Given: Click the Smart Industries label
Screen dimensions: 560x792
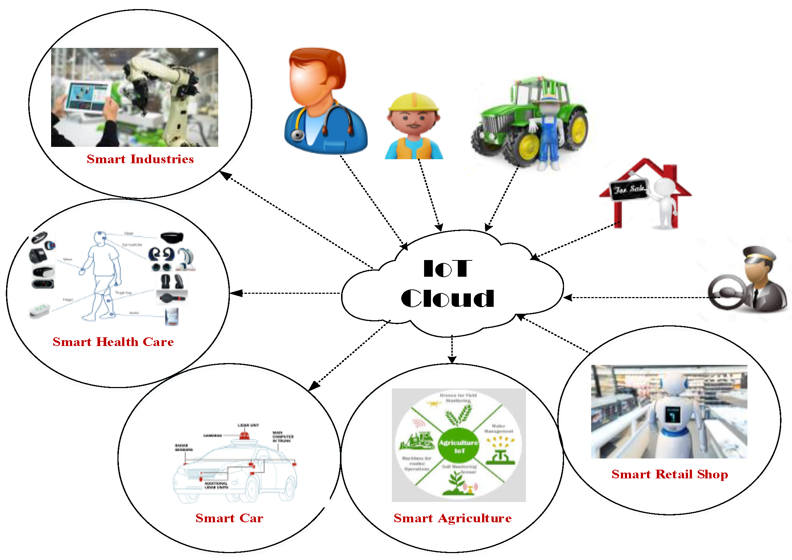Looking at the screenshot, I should pyautogui.click(x=140, y=159).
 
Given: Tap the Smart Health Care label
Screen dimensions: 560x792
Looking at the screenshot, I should pyautogui.click(x=113, y=342).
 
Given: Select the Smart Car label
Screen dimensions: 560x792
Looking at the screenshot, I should pyautogui.click(x=229, y=518).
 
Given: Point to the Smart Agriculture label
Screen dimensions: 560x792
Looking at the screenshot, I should pyautogui.click(x=452, y=518).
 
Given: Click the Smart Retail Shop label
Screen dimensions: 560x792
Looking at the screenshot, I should pyautogui.click(x=669, y=474).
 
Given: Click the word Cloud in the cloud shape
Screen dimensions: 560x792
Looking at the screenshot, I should pyautogui.click(x=447, y=298).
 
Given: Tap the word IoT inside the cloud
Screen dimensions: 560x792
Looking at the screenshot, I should pyautogui.click(x=448, y=268).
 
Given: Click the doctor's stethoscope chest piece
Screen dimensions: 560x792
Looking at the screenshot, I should pyautogui.click(x=298, y=135).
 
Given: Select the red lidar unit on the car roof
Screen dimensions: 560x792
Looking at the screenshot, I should pyautogui.click(x=244, y=435).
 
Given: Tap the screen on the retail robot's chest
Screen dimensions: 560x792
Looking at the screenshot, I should pyautogui.click(x=673, y=414).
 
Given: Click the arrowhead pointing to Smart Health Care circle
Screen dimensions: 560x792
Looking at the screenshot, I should pyautogui.click(x=236, y=293).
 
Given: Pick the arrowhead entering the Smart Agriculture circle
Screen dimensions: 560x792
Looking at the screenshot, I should pyautogui.click(x=452, y=359).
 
